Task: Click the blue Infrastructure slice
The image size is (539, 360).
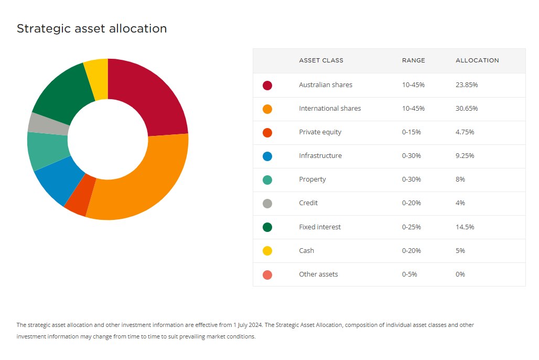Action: (x=58, y=181)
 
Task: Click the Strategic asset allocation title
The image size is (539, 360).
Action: (x=92, y=29)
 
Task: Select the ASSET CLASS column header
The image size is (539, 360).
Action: (x=321, y=60)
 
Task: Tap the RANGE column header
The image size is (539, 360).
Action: (x=413, y=60)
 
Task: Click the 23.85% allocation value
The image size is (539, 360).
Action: (x=467, y=84)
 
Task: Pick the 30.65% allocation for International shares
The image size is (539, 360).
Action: (x=467, y=108)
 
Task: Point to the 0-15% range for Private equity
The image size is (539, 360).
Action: (x=412, y=132)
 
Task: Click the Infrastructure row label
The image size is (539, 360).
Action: (x=320, y=155)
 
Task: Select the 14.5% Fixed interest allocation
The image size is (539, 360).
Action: (x=465, y=227)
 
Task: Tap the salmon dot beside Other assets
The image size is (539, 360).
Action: (x=267, y=274)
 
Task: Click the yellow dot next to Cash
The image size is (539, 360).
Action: (x=267, y=251)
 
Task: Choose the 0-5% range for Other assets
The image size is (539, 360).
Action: (x=409, y=274)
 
